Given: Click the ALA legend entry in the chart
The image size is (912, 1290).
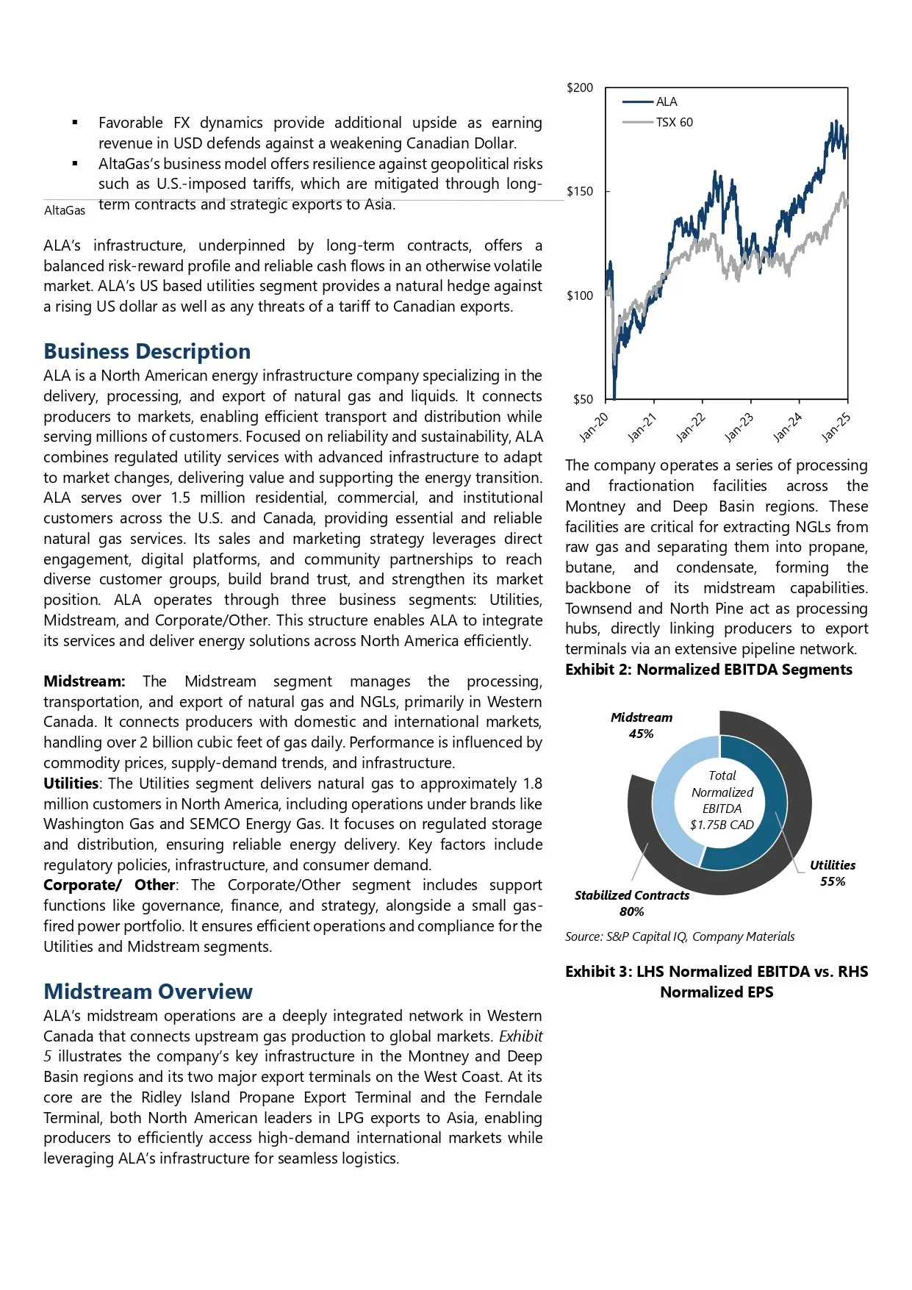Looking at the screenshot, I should point(666,102).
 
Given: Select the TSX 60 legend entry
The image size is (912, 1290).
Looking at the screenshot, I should point(673,122).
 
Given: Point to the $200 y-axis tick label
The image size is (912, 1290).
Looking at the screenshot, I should point(579,88).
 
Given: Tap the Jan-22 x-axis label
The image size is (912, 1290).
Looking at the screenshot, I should point(691,428).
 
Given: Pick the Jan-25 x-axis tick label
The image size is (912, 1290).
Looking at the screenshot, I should point(836,428).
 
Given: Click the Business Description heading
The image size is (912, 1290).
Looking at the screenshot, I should point(147,351).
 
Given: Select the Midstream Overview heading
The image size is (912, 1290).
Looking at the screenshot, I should point(148,992).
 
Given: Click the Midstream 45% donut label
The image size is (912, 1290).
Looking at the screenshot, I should point(641,725).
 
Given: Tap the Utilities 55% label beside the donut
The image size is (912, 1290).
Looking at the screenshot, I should point(832,873).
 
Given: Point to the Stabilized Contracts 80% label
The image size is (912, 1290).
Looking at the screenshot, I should point(631,903).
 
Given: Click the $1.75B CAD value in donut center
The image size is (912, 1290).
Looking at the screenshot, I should point(722,825).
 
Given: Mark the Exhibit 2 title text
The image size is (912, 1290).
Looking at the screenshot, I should point(708,670).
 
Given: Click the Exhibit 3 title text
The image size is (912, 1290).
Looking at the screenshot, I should point(717,982).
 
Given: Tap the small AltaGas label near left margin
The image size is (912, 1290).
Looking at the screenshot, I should point(65,211).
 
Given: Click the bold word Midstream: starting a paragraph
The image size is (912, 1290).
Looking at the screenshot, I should point(84,681).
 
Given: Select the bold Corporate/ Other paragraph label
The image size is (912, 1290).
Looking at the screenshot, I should point(109,885).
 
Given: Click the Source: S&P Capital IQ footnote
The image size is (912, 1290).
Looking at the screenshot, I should point(679,936).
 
